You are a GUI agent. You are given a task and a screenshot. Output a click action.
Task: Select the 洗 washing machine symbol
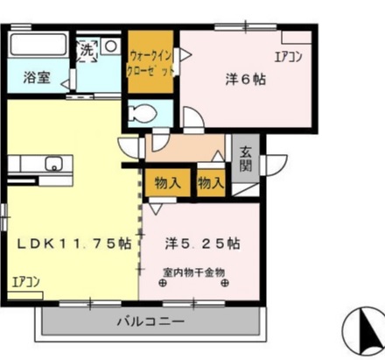coord(87,50)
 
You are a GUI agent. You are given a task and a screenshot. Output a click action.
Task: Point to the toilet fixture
coord(141,112)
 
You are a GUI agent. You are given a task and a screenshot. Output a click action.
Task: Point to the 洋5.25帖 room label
coord(204,244)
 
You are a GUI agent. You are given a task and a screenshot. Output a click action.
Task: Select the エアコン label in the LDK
coord(26,282)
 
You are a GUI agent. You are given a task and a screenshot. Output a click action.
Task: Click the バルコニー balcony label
coord(150,321)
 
